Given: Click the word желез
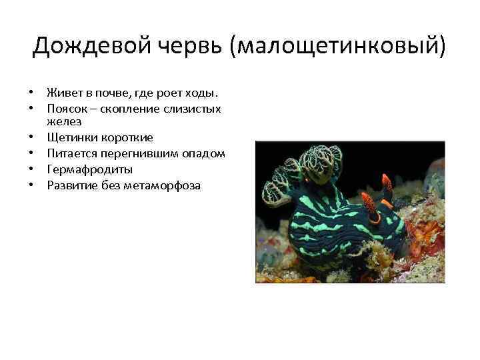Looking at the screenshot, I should [64, 122].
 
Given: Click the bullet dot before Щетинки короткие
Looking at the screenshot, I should [31, 138].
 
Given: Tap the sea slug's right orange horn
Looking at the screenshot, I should [386, 182].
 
